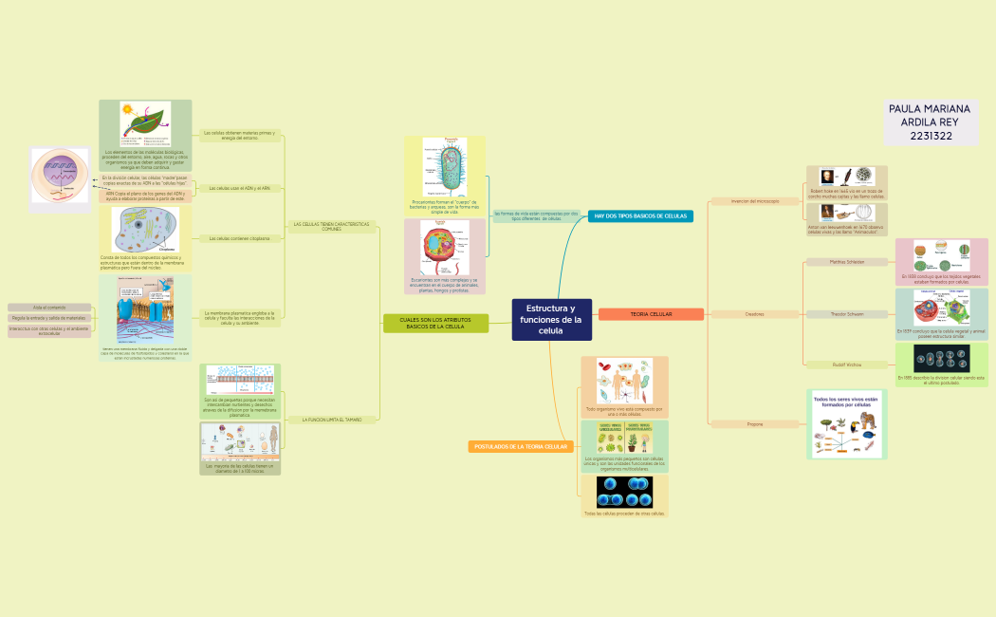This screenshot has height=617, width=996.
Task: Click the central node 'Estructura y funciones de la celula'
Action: tap(551, 319)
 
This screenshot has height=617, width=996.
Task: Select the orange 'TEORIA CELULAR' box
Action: tap(651, 314)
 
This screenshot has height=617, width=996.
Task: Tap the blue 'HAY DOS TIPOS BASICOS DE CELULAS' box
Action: tap(640, 216)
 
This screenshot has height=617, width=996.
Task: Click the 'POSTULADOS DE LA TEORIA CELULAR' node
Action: tap(520, 446)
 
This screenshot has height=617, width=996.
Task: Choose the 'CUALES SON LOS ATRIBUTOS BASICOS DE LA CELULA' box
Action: tap(435, 324)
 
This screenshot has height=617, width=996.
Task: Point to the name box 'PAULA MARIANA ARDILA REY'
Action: tap(931, 122)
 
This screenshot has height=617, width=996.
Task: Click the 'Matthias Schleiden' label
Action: tap(846, 261)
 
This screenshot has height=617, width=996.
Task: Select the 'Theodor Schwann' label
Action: tap(846, 314)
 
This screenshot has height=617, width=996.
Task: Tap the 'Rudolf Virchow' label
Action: tap(846, 365)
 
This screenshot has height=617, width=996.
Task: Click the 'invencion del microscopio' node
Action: tap(755, 201)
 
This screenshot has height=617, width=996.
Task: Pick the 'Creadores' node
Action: tap(755, 314)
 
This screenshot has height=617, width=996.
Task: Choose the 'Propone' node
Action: tap(755, 423)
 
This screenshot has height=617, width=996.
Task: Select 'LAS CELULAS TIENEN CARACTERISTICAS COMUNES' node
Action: tap(331, 227)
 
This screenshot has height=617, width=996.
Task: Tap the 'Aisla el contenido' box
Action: tap(49, 308)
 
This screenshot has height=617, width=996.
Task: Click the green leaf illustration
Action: tap(144, 124)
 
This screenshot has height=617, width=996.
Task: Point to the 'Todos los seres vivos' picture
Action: tap(847, 424)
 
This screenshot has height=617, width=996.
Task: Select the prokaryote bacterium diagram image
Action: tap(444, 166)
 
